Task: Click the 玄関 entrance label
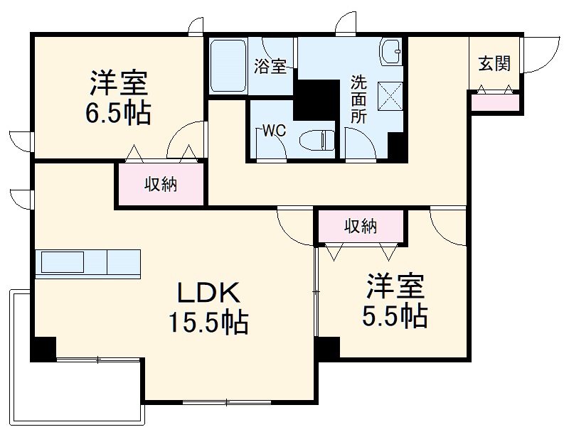coord(494,64)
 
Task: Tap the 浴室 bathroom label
coord(270,67)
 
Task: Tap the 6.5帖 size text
coord(118,113)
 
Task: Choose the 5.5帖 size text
coord(396,315)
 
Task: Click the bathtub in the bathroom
coord(228,65)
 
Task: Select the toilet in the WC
coord(317,139)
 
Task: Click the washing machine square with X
coord(390,96)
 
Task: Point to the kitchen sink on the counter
coord(63,262)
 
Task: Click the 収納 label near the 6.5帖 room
coord(161,185)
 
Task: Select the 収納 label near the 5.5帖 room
coord(361,227)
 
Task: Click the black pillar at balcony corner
coord(43,348)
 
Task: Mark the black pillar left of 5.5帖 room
coord(327,348)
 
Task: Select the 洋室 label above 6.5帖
coord(118,84)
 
